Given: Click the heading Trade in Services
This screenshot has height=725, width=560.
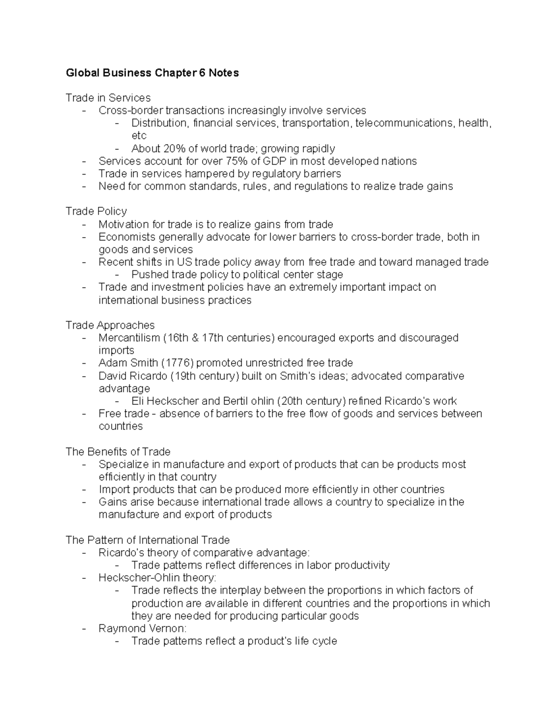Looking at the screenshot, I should coord(108,98).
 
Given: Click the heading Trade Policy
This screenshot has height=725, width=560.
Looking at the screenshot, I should coord(96,211).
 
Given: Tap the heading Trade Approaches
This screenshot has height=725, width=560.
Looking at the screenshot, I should coord(110,325).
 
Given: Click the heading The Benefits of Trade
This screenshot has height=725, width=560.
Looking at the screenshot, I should coord(118,451).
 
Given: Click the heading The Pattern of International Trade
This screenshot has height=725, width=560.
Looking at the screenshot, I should coord(147,540).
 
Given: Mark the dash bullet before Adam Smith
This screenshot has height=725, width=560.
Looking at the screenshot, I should coord(84,363).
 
